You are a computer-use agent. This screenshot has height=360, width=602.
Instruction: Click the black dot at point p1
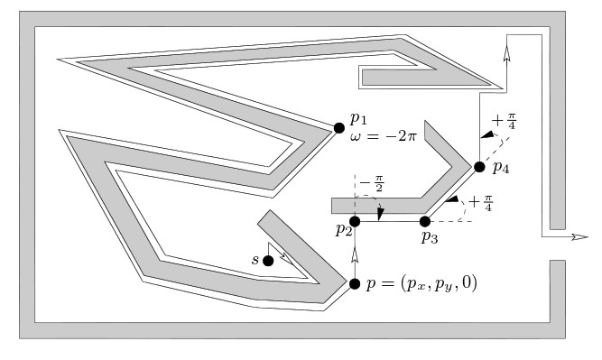click(x=339, y=128)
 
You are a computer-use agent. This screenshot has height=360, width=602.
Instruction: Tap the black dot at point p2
click(x=355, y=221)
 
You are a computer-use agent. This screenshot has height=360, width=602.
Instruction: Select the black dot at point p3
click(x=424, y=221)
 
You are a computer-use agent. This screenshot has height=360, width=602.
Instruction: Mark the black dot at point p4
click(x=479, y=167)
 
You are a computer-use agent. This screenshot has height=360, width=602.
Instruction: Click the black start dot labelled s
click(x=268, y=261)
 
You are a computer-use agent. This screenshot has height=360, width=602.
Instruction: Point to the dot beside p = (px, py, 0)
click(x=355, y=284)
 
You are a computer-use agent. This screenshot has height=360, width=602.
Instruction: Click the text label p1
click(x=358, y=119)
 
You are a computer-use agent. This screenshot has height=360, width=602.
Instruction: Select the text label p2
click(x=344, y=230)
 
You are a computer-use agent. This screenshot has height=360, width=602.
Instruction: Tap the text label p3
click(x=430, y=237)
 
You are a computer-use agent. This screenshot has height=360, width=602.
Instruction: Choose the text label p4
click(x=501, y=167)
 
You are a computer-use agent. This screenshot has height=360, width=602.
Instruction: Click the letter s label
click(x=255, y=260)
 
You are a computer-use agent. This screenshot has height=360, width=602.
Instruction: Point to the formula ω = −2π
click(x=383, y=136)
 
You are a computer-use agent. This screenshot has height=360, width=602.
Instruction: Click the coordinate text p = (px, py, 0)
click(x=421, y=284)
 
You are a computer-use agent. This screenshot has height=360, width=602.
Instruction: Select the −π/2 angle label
click(x=372, y=183)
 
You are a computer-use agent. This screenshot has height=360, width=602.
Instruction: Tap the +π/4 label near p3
click(x=480, y=203)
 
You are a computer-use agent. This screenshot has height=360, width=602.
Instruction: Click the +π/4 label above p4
click(x=504, y=121)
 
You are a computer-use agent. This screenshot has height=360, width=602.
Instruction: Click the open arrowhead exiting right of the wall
click(x=579, y=237)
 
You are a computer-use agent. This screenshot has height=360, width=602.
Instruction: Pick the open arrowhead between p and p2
click(x=355, y=254)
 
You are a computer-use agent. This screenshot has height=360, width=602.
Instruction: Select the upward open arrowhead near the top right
click(x=507, y=53)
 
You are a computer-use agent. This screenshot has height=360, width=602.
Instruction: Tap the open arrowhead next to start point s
click(x=286, y=259)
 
